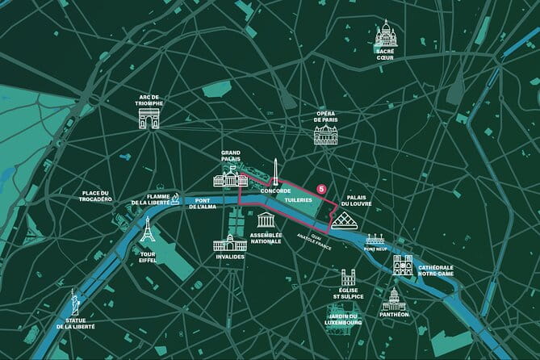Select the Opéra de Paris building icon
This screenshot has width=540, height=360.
tap(326, 134)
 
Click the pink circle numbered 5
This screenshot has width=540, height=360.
tap(321, 188)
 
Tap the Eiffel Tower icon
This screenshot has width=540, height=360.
tap(147, 232)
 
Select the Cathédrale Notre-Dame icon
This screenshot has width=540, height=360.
tap(403, 265)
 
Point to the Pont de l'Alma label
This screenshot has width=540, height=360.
tap(204, 203)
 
